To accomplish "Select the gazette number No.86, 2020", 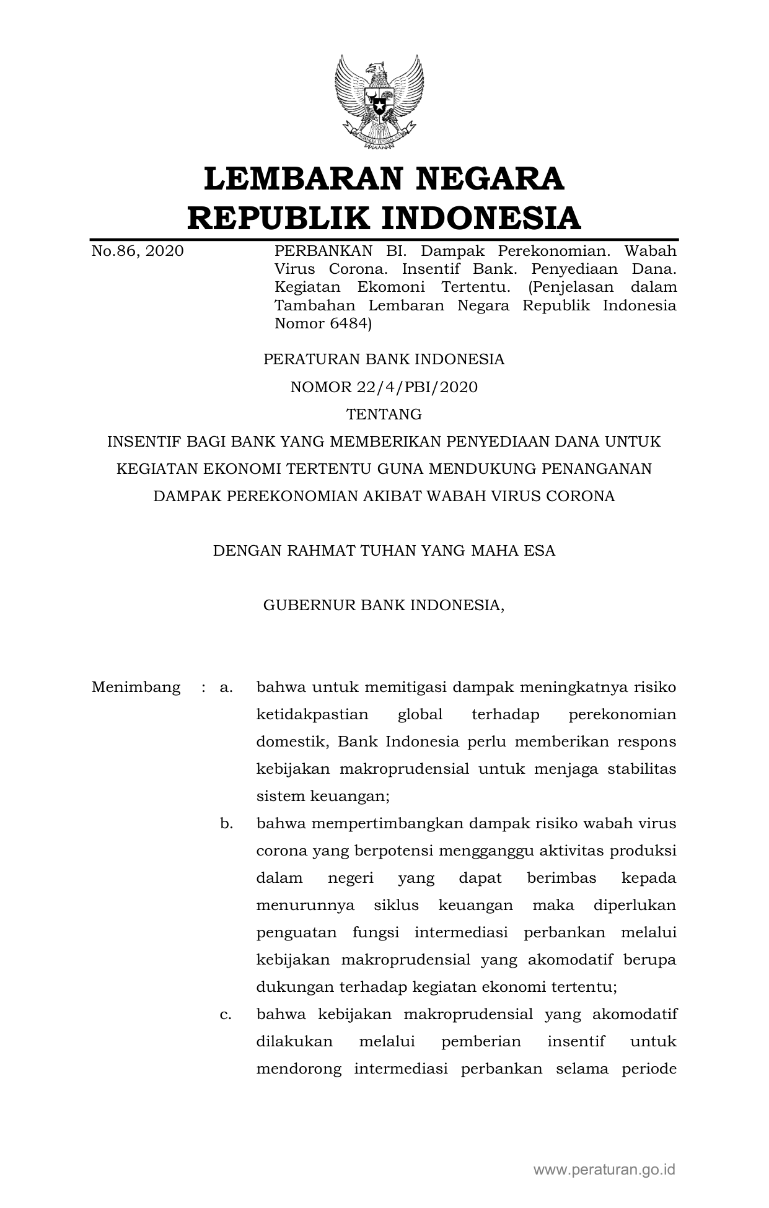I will click(x=138, y=251).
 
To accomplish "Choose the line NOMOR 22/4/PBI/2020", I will click(x=384, y=387).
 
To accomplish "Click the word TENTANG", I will click(x=384, y=414).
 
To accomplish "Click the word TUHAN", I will click(x=385, y=551).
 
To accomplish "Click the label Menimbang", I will click(x=136, y=688).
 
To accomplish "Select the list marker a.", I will click(x=226, y=688).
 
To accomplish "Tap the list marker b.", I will click(x=226, y=824).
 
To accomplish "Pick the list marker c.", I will click(x=226, y=1015).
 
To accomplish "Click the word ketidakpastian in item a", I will click(x=312, y=715).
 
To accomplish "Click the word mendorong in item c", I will click(x=299, y=1069).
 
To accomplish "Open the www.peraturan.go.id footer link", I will click(x=604, y=1170).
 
